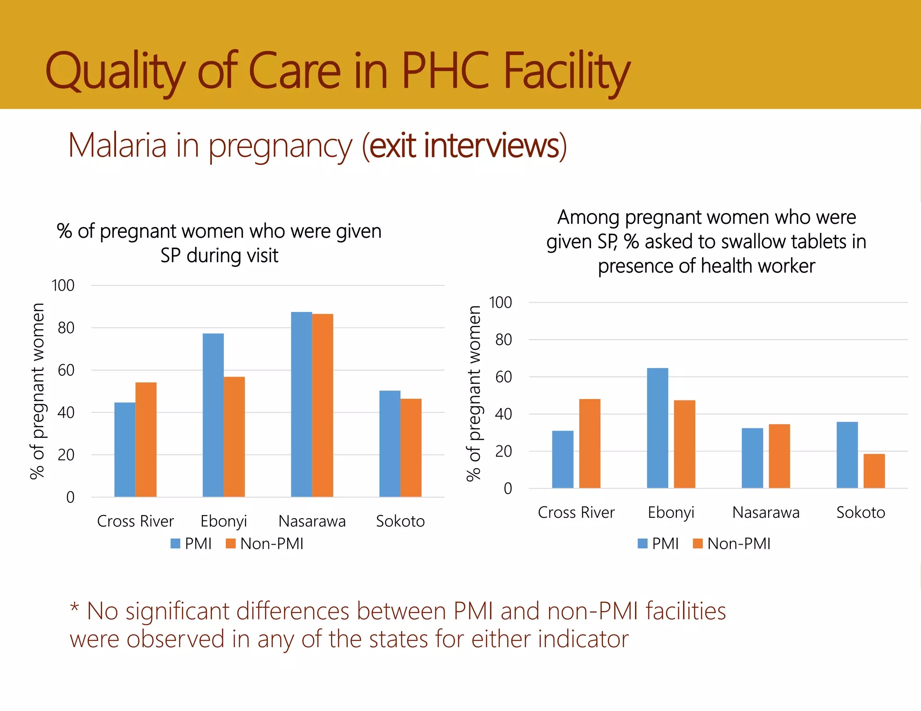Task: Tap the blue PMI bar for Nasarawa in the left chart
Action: coord(301,404)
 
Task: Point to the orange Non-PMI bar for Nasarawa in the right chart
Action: coord(779,456)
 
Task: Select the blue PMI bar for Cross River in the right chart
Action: coord(563,459)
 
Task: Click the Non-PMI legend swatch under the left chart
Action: coord(231,544)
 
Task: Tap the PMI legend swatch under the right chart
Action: coord(643,544)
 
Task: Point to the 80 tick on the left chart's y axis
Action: coord(66,328)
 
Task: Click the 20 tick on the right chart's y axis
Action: coord(503,451)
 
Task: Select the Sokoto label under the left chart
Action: coord(400,521)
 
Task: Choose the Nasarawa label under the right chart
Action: coord(766,512)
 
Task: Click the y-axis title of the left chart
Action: coord(38,391)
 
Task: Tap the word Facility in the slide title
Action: coord(566,72)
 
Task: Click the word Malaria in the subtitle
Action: coord(117,146)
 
